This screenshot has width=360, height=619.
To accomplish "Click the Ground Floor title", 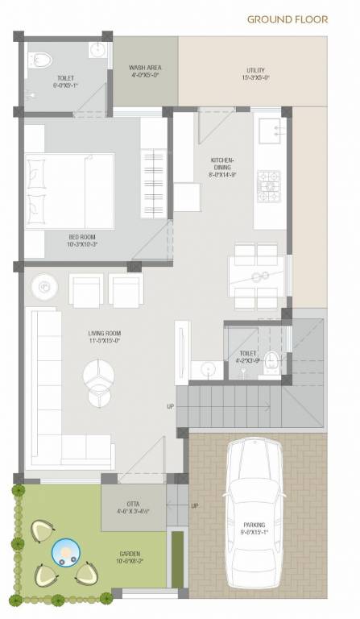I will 287,19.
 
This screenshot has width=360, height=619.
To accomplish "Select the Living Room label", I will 105,337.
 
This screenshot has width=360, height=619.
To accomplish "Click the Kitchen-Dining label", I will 221,164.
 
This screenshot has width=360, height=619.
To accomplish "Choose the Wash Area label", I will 145,72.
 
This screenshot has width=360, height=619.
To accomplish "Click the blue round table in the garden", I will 64,553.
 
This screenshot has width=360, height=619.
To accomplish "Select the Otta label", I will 133,506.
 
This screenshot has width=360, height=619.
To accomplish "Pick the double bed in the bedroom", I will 68,190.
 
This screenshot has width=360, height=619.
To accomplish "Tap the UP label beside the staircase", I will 170,406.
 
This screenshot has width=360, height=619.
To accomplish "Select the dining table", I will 256,276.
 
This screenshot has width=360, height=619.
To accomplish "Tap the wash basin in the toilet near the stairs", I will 209,369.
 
